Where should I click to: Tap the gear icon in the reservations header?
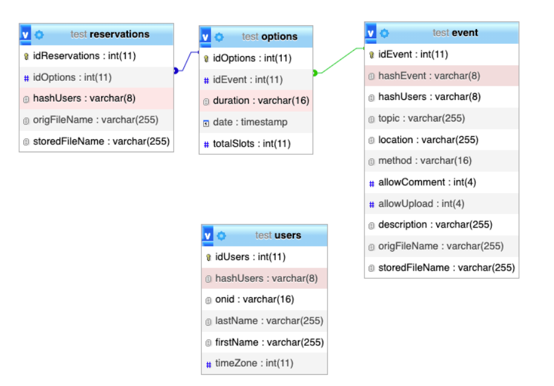click(39, 35)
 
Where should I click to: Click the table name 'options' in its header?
click(279, 36)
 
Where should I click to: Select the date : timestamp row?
click(250, 122)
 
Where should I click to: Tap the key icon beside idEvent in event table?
click(371, 55)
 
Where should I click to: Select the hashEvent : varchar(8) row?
click(429, 76)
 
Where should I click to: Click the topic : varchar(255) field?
click(421, 118)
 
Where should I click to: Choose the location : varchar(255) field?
click(428, 140)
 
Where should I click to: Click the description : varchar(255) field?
click(435, 225)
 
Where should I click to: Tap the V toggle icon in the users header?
click(208, 236)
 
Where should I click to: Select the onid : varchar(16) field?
click(254, 300)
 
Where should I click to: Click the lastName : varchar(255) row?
click(269, 321)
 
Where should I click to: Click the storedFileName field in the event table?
click(446, 268)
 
